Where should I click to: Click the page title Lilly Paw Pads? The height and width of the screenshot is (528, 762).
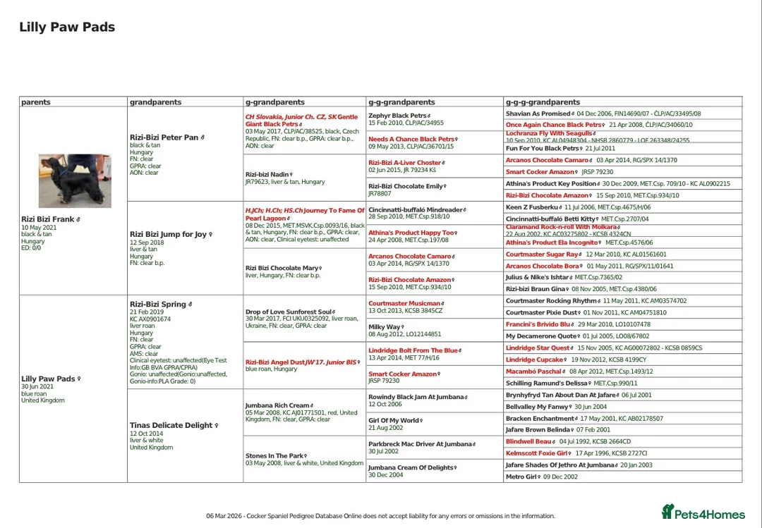[67, 27]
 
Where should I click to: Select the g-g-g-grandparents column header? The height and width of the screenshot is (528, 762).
[543, 102]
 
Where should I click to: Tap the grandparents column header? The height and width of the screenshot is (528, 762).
[155, 102]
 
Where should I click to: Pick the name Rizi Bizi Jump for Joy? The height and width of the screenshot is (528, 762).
[168, 234]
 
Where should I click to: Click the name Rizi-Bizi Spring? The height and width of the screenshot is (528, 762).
[157, 304]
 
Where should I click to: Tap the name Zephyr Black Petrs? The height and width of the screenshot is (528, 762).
[397, 116]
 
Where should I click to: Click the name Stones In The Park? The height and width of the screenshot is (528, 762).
[276, 456]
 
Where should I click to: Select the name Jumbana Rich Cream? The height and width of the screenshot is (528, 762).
[277, 405]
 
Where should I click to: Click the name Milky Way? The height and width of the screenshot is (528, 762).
[385, 327]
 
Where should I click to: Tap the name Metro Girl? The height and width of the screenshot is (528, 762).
[521, 477]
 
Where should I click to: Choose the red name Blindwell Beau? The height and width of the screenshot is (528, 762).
[528, 441]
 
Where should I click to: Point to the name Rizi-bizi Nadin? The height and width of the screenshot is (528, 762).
[267, 174]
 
